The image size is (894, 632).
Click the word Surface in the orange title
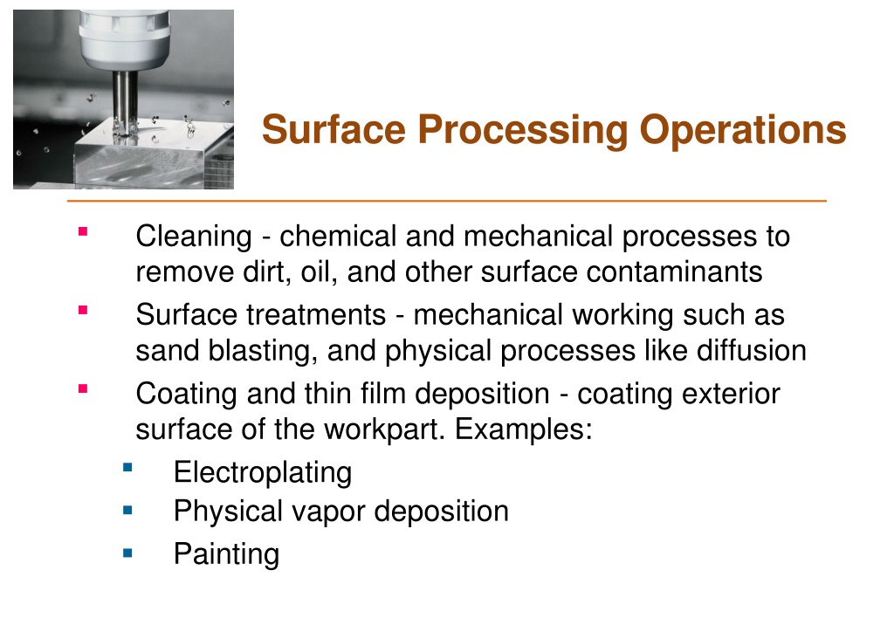334,129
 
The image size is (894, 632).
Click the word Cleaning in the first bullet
194,237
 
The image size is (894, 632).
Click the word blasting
263,351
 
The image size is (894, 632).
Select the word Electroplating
263,473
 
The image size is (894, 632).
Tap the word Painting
227,554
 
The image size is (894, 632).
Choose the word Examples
524,429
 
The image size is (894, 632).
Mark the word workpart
384,429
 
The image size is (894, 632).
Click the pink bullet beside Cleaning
83,231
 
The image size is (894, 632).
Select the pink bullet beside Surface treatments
83,310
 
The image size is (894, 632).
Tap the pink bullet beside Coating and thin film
83,388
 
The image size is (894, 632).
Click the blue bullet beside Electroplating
127,468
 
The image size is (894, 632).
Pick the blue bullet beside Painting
127,553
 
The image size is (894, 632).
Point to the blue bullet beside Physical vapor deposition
127,510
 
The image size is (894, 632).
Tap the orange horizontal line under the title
447,201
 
